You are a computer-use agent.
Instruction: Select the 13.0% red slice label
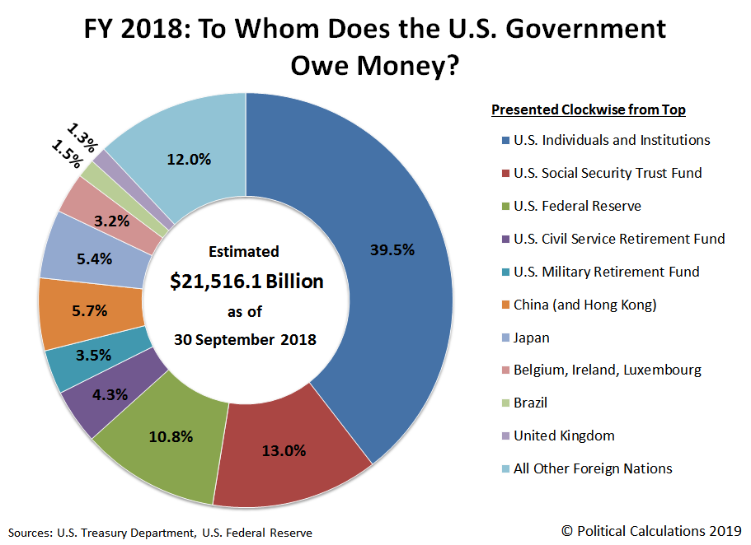point(284,450)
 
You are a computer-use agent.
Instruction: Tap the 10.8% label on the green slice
point(170,436)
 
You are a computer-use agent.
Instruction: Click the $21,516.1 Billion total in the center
point(246,282)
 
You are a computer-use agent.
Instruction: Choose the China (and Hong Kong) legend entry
point(584,305)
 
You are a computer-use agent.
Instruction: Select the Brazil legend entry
point(529,403)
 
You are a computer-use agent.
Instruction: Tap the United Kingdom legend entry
point(563,436)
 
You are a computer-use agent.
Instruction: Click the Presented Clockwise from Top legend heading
point(588,109)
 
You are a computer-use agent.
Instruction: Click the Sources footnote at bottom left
point(161,533)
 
